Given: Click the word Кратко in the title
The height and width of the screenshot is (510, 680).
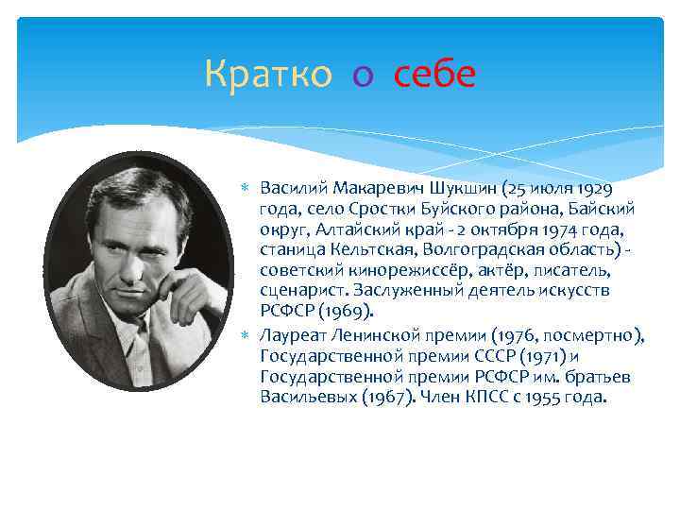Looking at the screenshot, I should point(268,75).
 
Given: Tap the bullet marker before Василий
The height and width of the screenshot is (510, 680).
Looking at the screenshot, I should point(247,186).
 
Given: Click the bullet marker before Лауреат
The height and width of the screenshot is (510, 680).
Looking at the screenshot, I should point(247,334).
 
